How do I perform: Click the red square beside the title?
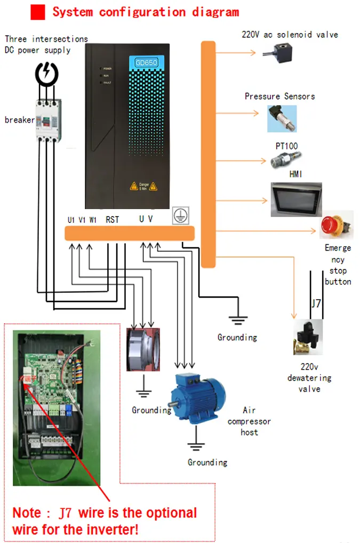(38, 12)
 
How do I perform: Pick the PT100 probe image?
(283, 159)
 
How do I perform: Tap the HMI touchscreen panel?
(295, 199)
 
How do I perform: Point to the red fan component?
(143, 349)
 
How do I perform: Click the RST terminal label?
(113, 219)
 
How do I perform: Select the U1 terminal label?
(71, 220)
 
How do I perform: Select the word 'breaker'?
(20, 119)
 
